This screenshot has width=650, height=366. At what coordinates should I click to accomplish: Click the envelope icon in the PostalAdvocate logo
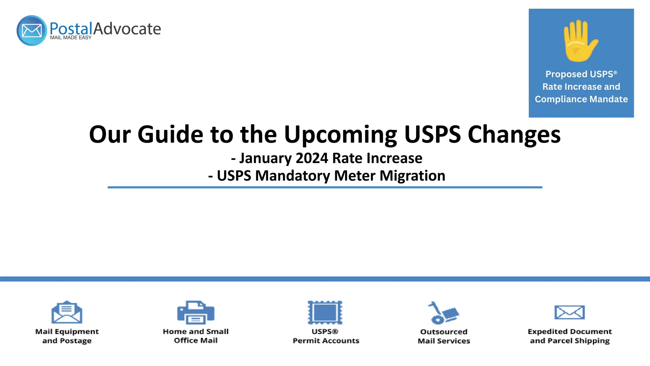click(x=32, y=30)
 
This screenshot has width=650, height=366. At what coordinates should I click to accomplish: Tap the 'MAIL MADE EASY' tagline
click(x=70, y=37)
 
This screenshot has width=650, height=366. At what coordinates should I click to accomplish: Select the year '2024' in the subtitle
click(x=312, y=158)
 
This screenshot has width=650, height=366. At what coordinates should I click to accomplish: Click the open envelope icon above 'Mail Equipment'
click(x=67, y=312)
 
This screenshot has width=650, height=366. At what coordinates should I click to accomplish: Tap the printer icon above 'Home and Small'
click(x=196, y=312)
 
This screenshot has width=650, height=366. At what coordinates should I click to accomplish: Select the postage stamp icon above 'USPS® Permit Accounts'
click(x=325, y=312)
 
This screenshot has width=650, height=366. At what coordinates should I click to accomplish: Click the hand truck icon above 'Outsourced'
click(x=443, y=313)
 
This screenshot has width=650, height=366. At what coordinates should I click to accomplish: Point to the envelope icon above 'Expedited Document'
click(x=569, y=312)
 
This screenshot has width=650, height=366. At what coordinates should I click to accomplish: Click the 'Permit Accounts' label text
click(x=326, y=341)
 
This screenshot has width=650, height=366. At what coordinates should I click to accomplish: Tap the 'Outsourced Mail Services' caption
click(x=444, y=336)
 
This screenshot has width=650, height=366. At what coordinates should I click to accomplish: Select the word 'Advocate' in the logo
click(x=127, y=29)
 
